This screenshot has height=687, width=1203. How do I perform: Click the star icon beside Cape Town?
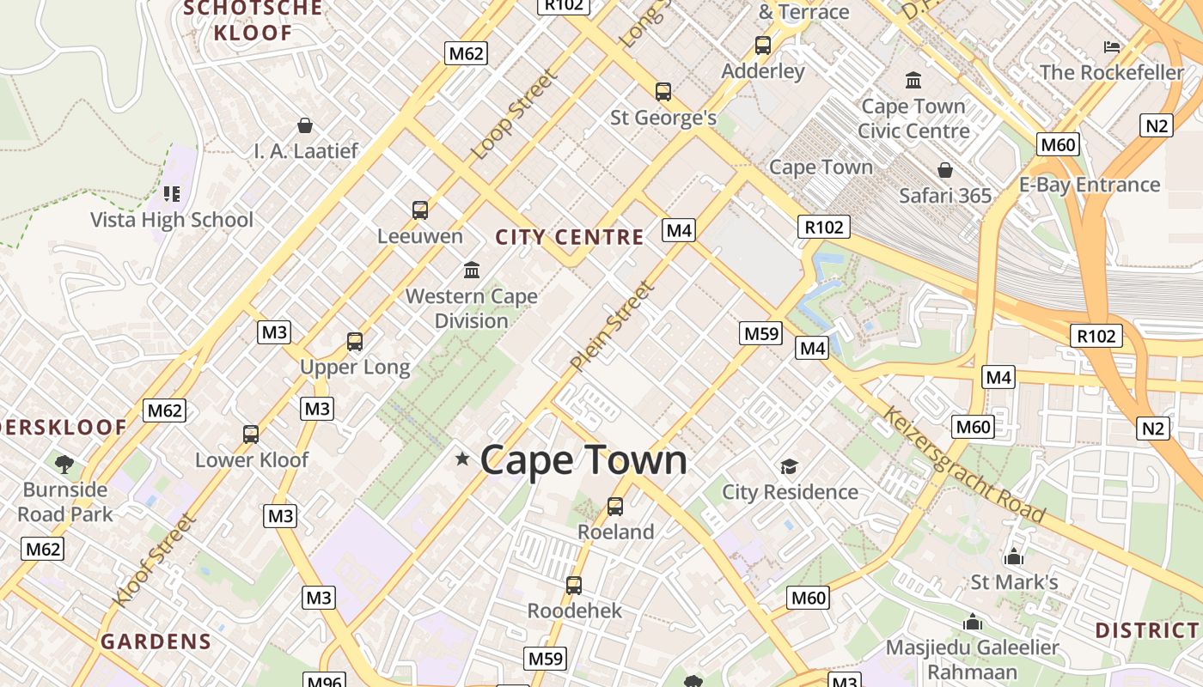[462, 459]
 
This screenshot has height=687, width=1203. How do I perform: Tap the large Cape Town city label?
[583, 460]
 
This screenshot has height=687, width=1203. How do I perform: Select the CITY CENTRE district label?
[570, 237]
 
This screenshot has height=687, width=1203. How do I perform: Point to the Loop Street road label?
[515, 115]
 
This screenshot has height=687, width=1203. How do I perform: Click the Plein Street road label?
[612, 327]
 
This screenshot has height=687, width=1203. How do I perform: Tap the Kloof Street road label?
[156, 560]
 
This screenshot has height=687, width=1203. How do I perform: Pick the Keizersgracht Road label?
[963, 465]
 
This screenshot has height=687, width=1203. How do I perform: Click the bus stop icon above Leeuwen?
[420, 210]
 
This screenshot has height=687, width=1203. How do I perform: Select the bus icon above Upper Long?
[355, 342]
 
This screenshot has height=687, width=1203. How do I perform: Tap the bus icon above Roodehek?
[574, 586]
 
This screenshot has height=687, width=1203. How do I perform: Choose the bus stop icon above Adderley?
[763, 46]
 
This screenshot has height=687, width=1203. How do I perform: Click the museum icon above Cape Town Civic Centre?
[913, 81]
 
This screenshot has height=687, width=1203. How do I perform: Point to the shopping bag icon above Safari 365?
[945, 170]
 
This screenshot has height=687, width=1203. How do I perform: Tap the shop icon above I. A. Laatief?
[305, 126]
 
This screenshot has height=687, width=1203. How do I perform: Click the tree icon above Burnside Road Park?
[64, 465]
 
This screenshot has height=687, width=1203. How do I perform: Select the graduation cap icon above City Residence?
[789, 466]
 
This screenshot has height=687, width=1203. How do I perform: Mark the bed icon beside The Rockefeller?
[1112, 47]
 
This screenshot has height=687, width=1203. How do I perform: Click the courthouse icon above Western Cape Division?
[472, 271]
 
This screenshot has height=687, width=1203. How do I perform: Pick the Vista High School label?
[172, 220]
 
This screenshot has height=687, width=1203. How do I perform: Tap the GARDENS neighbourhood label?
[156, 641]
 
